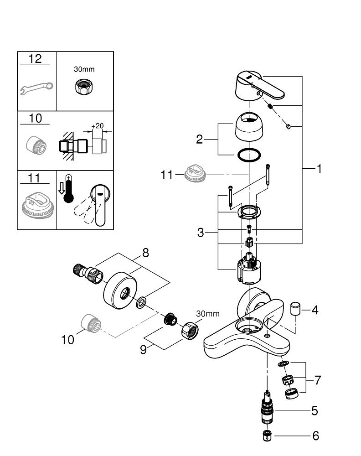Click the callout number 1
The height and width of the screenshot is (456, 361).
pyautogui.click(x=320, y=169)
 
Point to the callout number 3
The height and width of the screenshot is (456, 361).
pyautogui.click(x=201, y=233)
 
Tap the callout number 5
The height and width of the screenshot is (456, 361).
pyautogui.click(x=314, y=411)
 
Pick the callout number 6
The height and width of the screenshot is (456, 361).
pyautogui.click(x=315, y=436)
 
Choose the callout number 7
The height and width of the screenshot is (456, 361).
pyautogui.click(x=318, y=379)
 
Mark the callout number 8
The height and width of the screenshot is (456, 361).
pyautogui.click(x=145, y=253)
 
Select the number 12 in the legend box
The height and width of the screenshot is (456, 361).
pyautogui.click(x=35, y=59)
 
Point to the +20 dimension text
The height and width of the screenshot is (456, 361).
pyautogui.click(x=97, y=126)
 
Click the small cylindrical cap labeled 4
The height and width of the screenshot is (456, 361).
pyautogui.click(x=296, y=308)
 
